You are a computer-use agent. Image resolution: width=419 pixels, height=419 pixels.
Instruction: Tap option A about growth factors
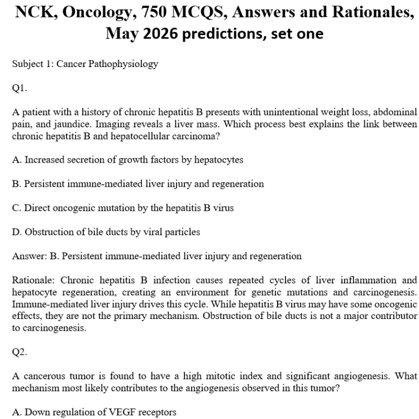point(127,160)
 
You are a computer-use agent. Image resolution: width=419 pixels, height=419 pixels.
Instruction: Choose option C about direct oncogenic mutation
point(123,207)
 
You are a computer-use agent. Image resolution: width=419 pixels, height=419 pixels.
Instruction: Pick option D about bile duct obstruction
point(106,231)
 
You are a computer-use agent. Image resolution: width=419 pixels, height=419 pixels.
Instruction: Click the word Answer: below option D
point(29,256)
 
